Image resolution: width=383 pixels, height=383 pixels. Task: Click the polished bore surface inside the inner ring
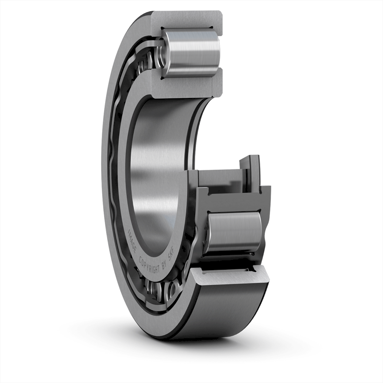[x=157, y=170]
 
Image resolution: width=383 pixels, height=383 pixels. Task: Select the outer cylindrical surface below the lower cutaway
[x=221, y=311]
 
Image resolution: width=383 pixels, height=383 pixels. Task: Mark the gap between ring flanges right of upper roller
[x=220, y=53]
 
